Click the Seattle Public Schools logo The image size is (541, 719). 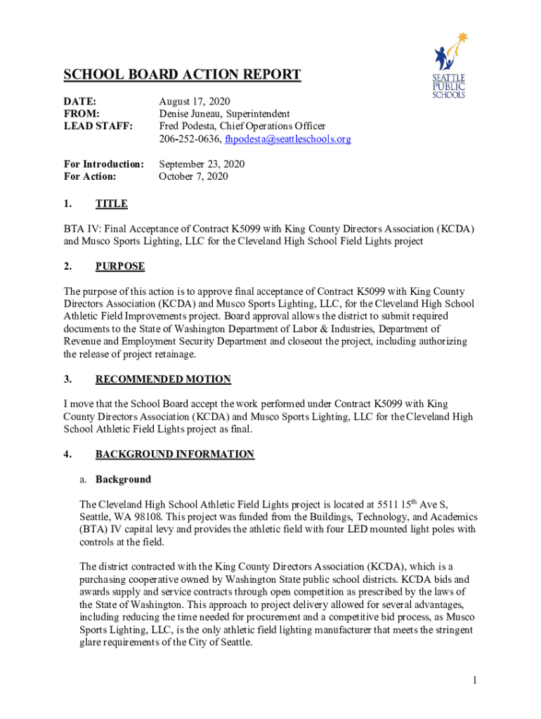(448, 66)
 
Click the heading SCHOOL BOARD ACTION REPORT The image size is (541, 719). (182, 75)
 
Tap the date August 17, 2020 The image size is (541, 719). (195, 101)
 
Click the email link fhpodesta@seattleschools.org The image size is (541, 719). (287, 139)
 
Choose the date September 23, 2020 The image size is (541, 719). (202, 164)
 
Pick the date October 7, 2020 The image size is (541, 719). (193, 176)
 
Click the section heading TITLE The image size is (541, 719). (112, 204)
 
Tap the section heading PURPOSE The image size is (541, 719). (120, 266)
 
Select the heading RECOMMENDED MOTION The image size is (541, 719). (163, 379)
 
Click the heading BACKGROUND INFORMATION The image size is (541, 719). (175, 454)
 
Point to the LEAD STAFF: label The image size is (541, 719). (95, 126)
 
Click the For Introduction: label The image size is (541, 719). (104, 164)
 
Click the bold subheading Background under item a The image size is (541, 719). (123, 480)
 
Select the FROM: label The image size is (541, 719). (82, 114)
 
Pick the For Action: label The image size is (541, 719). (90, 176)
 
